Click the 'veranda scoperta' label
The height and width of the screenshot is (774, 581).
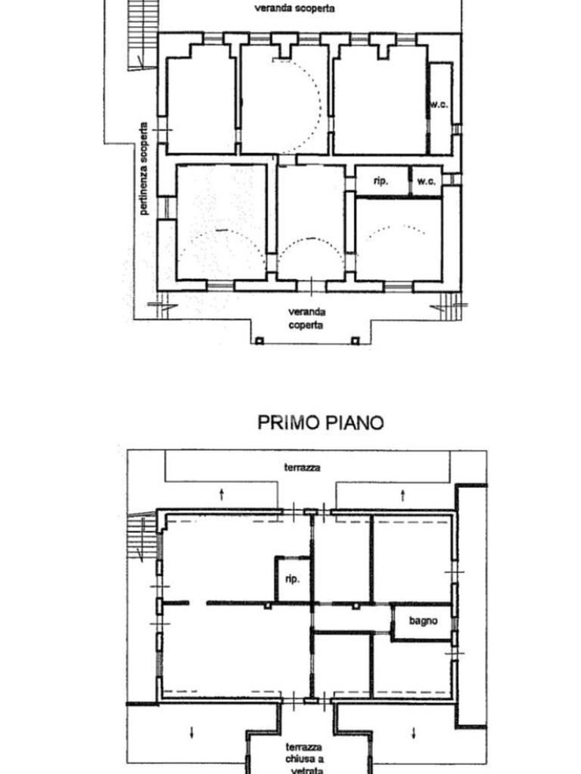pyautogui.click(x=294, y=8)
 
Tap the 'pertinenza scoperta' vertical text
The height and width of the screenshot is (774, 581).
pyautogui.click(x=144, y=169)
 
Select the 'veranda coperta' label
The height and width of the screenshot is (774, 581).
pyautogui.click(x=306, y=318)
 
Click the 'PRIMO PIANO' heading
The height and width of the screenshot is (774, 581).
pyautogui.click(x=321, y=423)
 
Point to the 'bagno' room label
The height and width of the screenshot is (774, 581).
pyautogui.click(x=424, y=621)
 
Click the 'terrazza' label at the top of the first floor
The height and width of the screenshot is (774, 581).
pyautogui.click(x=302, y=467)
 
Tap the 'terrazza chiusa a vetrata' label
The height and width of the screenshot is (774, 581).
pyautogui.click(x=304, y=759)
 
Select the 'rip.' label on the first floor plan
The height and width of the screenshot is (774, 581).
pyautogui.click(x=293, y=578)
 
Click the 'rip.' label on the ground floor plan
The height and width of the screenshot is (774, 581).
pyautogui.click(x=381, y=181)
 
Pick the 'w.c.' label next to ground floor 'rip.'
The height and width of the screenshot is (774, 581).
pyautogui.click(x=427, y=181)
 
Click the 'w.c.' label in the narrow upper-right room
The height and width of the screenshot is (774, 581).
pyautogui.click(x=439, y=104)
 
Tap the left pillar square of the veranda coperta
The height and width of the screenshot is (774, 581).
pyautogui.click(x=260, y=341)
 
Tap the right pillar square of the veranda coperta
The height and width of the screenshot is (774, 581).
pyautogui.click(x=356, y=341)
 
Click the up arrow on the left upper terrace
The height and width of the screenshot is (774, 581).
pyautogui.click(x=222, y=494)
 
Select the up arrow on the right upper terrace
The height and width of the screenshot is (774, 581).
pyautogui.click(x=402, y=494)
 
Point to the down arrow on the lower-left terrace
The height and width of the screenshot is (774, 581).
pyautogui.click(x=191, y=732)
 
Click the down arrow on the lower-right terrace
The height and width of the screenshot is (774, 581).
pyautogui.click(x=414, y=733)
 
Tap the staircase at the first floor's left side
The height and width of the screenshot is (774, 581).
pyautogui.click(x=142, y=536)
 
